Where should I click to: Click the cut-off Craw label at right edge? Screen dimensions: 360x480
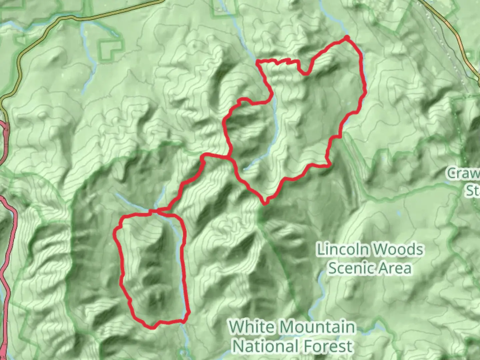tap(464, 174)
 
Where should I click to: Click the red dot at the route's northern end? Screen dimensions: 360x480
tap(347, 37)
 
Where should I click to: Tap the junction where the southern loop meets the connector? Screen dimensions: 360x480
tap(157, 210)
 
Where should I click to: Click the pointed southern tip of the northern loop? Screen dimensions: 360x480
tap(265, 203)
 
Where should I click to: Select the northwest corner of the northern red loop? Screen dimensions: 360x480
tap(257, 61)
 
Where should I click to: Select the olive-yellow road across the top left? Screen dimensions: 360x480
tap(83, 17)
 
